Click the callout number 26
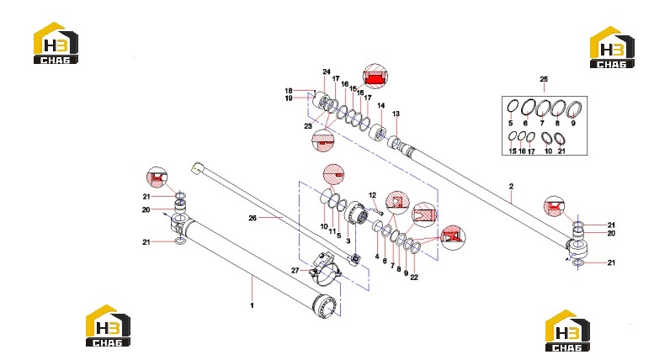coord(253,218)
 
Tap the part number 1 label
coord(252,305)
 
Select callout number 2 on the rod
coord(512,187)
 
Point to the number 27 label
coord(295,270)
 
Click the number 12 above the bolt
coord(373,195)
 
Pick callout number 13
coord(396,114)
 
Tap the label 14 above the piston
coord(380,106)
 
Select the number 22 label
coord(414,277)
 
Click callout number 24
coord(327,72)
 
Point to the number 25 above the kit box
coord(544,79)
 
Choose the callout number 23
coord(308,126)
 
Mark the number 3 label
coord(348,241)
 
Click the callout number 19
coord(289,98)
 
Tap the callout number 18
coord(289,91)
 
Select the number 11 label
coord(332,231)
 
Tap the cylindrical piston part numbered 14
coord(378,133)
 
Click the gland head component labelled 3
coord(356,213)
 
